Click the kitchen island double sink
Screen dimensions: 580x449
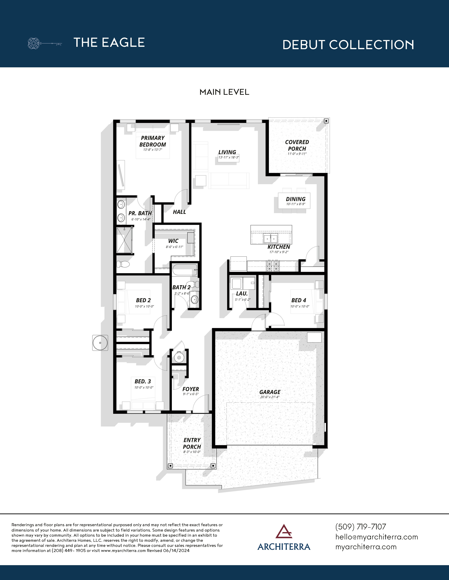pyautogui.click(x=270, y=239)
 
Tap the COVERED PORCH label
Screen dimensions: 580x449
pyautogui.click(x=297, y=145)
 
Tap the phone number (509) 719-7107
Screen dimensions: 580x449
pyautogui.click(x=360, y=527)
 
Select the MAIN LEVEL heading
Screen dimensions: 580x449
pyautogui.click(x=224, y=92)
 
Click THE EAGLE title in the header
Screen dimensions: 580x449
pyautogui.click(x=109, y=43)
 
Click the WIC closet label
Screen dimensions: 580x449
pyautogui.click(x=173, y=241)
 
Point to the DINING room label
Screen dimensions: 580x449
pyautogui.click(x=295, y=199)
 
